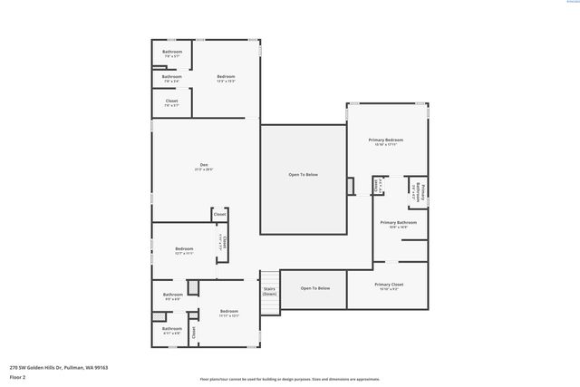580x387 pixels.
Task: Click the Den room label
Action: [x=204, y=167]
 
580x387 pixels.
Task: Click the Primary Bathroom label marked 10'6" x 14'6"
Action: [x=399, y=224]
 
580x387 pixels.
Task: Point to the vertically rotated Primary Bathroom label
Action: [x=422, y=191]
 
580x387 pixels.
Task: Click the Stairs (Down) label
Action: [x=269, y=291]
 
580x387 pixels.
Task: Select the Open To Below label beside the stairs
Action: [x=315, y=288]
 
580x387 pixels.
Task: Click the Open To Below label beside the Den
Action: [x=304, y=175]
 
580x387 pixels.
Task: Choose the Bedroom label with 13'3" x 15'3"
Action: [x=227, y=79]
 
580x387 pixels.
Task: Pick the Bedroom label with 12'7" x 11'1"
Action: [x=184, y=250]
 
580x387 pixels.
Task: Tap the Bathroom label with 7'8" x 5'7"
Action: [x=172, y=53]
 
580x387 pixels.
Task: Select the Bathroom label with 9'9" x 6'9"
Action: [x=172, y=295]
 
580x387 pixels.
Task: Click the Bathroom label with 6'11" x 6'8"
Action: [x=171, y=330]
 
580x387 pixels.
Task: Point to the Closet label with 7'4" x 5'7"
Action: [x=171, y=102]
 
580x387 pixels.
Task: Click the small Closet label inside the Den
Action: [x=219, y=214]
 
